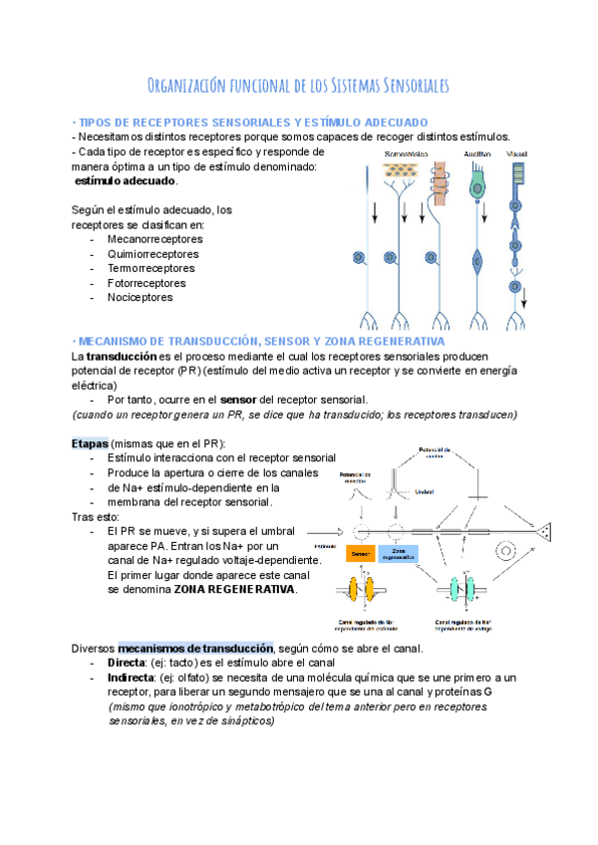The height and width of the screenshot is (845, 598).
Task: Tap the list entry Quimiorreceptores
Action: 152,254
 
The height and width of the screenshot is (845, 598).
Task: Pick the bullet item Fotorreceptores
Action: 147,283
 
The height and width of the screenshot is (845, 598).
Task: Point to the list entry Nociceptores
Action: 140,297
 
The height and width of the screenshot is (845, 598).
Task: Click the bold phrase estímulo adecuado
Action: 127,181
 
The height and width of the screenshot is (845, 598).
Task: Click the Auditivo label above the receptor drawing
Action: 476,154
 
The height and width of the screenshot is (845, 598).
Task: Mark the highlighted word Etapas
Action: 90,442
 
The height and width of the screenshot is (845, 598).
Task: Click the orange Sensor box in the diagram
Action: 360,553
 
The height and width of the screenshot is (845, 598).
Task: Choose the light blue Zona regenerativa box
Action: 398,553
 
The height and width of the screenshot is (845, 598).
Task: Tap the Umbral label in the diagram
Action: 424,491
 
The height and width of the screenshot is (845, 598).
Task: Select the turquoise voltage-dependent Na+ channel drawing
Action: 461,592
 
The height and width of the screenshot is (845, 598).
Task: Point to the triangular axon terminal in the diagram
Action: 541,531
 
